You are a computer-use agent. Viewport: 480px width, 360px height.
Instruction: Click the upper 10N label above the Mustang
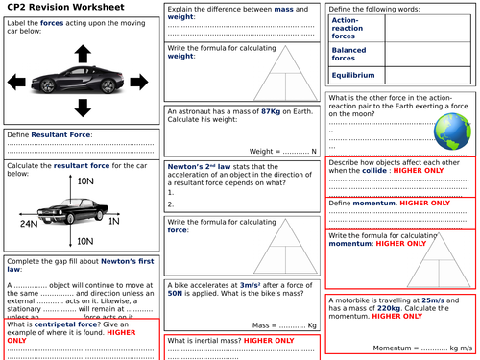[86, 181]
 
